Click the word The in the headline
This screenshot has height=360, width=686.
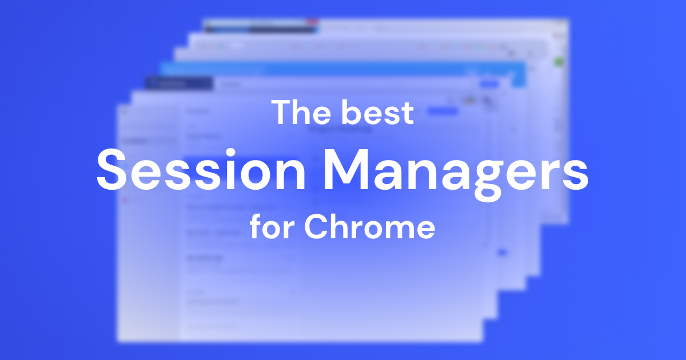[301, 112]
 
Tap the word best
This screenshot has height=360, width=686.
[377, 112]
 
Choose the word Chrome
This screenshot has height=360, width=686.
[369, 227]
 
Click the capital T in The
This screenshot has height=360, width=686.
[281, 112]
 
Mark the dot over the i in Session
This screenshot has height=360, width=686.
[232, 150]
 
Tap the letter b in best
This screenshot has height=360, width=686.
[352, 112]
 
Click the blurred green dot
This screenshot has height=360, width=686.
[559, 61]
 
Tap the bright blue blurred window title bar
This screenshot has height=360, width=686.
[343, 69]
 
